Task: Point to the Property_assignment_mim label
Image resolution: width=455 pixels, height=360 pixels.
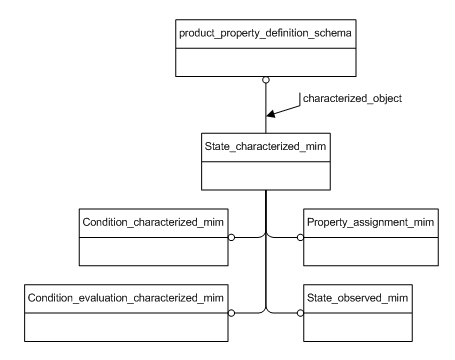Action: point(369,218)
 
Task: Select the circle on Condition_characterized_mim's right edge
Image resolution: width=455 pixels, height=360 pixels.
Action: point(231,238)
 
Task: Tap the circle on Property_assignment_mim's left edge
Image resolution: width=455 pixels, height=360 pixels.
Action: point(300,238)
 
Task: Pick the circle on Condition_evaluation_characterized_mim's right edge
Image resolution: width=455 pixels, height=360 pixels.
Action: point(231,313)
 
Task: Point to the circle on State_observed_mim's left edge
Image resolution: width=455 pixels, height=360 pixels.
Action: point(300,313)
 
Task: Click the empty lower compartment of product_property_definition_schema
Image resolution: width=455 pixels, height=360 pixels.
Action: point(266,63)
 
